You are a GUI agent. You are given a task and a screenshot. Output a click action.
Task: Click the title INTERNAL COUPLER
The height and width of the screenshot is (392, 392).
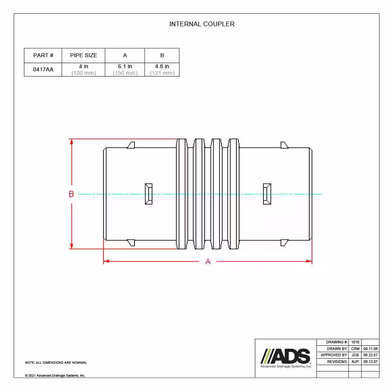coord(202,24)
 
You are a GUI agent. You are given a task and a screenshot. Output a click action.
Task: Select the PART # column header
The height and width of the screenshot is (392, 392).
coord(43,55)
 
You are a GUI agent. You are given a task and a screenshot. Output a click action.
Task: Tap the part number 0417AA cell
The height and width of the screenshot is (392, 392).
coord(43,69)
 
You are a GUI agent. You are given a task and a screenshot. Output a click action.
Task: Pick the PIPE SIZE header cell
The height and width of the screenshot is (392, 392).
coord(83,55)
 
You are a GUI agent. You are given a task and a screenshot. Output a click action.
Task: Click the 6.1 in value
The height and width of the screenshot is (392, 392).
coord(125,66)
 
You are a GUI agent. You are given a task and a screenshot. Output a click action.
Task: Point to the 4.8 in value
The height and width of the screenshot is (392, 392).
coord(162,66)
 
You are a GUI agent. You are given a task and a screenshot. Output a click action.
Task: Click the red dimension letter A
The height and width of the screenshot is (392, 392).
coord(208,262)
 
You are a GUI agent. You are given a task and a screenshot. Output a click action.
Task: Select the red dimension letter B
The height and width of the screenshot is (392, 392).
coord(71,194)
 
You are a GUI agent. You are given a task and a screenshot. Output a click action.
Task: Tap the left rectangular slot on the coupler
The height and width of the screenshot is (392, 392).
coord(149,194)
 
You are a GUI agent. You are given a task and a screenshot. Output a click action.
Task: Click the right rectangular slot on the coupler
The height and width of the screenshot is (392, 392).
coord(267,194)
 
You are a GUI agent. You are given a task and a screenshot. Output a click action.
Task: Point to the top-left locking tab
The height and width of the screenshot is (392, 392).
coord(131,145)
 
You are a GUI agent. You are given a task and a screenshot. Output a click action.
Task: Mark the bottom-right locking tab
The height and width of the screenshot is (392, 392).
coord(284,243)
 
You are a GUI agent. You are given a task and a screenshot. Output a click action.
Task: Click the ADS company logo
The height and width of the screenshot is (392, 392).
coord(286,358)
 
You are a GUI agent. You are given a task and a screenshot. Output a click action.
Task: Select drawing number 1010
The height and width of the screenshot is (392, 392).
coord(355,342)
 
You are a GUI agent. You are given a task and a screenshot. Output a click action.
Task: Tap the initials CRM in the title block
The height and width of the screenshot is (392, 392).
coord(355,349)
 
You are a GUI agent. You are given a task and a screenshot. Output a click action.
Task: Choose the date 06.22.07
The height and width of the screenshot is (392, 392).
coord(370,355)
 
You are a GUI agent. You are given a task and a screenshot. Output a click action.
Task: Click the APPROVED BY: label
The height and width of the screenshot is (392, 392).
coord(334,355)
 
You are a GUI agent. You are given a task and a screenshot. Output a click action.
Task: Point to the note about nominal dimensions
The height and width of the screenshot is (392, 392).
coord(56,363)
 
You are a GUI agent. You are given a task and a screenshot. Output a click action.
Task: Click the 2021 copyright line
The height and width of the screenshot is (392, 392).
coord(55,376)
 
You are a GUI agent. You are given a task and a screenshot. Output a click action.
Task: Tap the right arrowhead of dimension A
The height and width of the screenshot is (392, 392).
coord(309,261)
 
